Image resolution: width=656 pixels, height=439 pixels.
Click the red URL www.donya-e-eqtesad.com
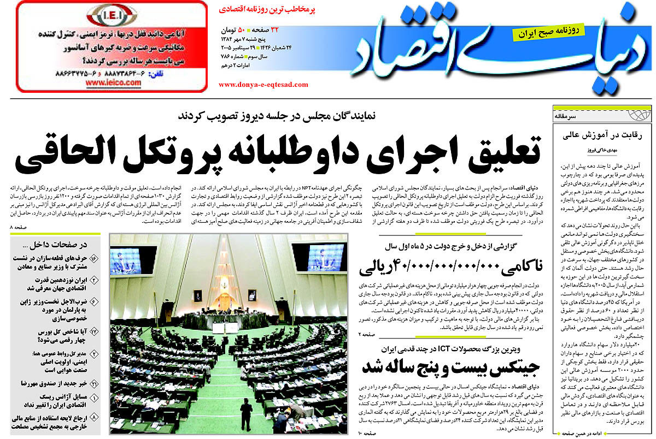tap(263, 85)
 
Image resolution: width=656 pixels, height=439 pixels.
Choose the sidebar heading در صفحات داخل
tap(62, 245)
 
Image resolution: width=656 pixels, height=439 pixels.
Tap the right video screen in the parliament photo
tap(326, 257)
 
